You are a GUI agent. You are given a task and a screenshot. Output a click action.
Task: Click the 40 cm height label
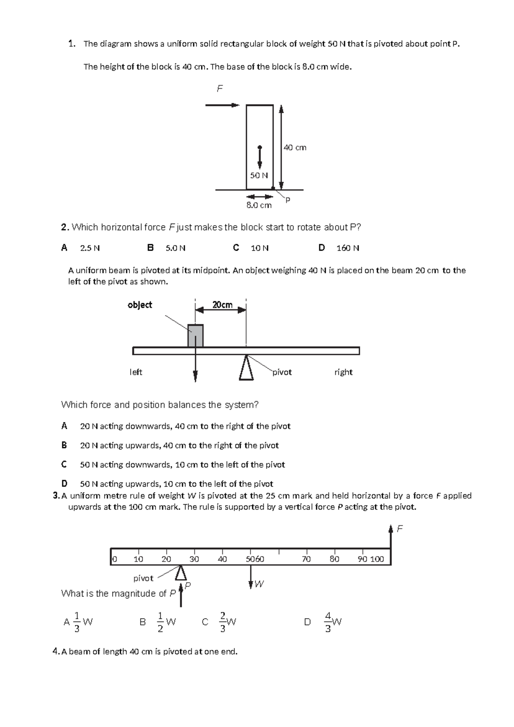click(x=295, y=147)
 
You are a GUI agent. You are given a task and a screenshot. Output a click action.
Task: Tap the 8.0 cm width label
click(x=259, y=205)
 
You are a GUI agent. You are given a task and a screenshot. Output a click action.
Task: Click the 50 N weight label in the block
click(x=259, y=175)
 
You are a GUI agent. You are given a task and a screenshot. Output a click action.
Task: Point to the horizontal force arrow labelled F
click(x=222, y=105)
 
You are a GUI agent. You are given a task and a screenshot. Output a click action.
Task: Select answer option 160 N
click(x=347, y=248)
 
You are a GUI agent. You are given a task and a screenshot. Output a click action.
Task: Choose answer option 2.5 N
click(x=90, y=248)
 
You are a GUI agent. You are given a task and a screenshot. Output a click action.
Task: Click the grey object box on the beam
click(x=195, y=335)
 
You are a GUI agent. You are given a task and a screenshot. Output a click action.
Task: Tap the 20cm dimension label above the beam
click(x=222, y=305)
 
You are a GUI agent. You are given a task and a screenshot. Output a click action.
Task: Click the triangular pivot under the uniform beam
click(x=246, y=368)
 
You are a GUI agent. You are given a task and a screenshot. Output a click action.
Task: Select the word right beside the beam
click(x=343, y=372)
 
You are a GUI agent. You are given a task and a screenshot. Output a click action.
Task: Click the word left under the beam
click(x=136, y=372)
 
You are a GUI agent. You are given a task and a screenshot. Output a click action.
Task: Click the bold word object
click(x=140, y=305)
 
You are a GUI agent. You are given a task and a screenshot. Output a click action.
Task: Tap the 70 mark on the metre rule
click(x=306, y=559)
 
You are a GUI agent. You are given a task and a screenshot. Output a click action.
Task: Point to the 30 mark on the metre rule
click(x=194, y=559)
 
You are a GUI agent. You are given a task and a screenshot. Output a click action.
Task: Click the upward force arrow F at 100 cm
click(x=391, y=536)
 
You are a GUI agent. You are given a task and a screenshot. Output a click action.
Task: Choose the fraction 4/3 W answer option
click(x=332, y=622)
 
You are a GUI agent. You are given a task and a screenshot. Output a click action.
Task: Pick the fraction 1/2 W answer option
click(x=164, y=622)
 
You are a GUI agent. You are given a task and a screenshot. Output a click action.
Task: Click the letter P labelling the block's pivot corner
click(x=287, y=200)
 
